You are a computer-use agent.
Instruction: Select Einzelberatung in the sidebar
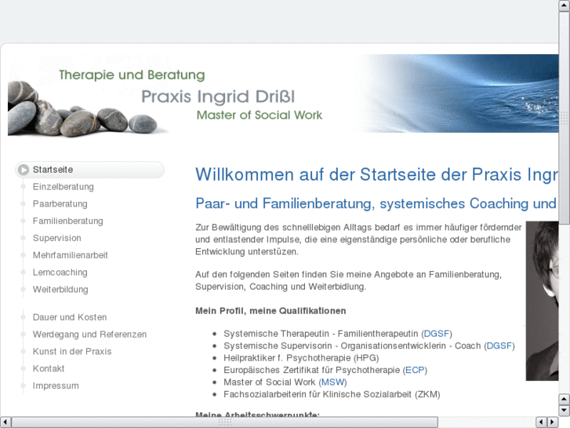click(x=63, y=187)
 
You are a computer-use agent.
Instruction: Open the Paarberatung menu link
click(x=60, y=204)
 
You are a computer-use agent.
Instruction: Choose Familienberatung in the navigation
click(x=67, y=221)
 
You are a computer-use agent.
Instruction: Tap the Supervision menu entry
click(x=56, y=238)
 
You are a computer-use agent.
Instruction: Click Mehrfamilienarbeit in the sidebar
click(x=70, y=255)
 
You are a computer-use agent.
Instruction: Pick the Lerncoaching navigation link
click(x=60, y=273)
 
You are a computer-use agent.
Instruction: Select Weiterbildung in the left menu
click(x=60, y=290)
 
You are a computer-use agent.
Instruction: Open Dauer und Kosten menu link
click(x=69, y=317)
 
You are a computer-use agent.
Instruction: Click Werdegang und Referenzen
click(x=89, y=335)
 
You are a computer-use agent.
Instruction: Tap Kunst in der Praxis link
click(x=72, y=352)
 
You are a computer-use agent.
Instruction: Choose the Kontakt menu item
click(x=49, y=369)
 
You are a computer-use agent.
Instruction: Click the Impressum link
click(x=56, y=386)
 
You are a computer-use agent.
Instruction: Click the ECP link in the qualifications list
click(x=414, y=370)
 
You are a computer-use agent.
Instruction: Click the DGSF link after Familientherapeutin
click(x=437, y=334)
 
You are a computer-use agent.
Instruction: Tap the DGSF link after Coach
click(x=499, y=346)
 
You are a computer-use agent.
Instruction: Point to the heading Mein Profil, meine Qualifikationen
click(x=270, y=310)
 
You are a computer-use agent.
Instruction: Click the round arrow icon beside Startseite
click(x=24, y=170)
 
